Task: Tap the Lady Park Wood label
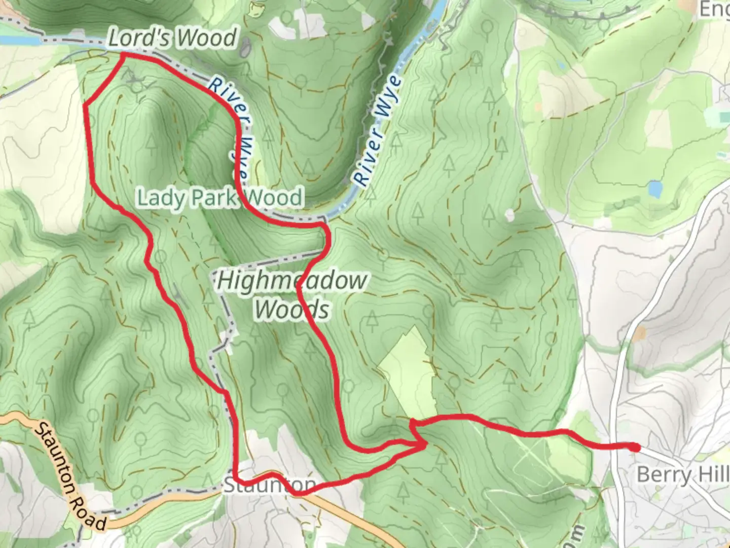pos(221,197)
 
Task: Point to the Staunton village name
pos(270,485)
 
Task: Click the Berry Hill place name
pos(682,475)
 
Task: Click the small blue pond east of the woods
pos(655,189)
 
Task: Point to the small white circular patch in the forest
pos(509,215)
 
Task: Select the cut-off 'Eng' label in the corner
pos(715,9)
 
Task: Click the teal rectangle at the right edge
pos(724,118)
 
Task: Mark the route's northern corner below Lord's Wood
pos(123,56)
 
